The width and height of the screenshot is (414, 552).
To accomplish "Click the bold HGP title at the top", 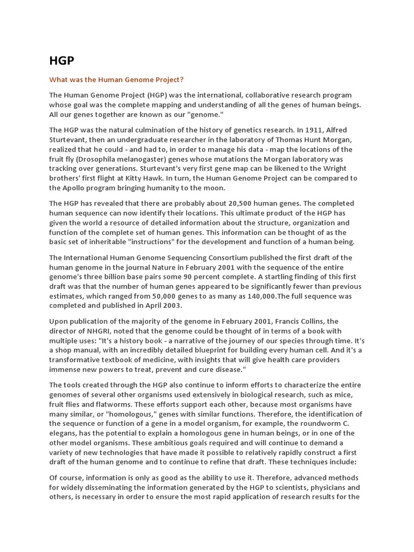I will pos(61,60).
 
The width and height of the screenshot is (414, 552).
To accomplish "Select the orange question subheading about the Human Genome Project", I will pos(116,80).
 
